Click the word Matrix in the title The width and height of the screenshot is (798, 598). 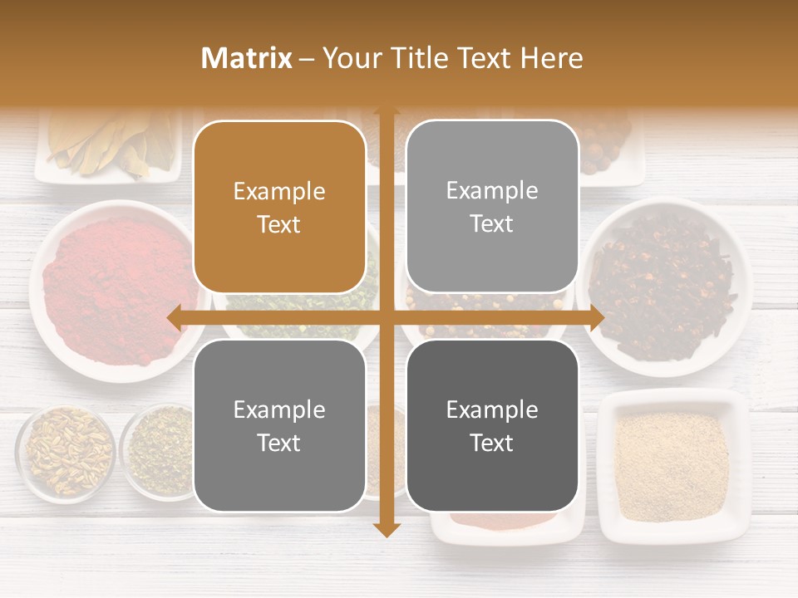pos(247,58)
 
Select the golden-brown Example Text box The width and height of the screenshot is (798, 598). pos(279,207)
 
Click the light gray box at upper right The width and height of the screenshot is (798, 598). pos(492,207)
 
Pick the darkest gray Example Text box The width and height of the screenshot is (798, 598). pos(492,425)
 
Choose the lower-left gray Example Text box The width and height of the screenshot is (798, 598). pos(279,425)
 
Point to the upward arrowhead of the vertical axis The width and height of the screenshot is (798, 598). pos(387,110)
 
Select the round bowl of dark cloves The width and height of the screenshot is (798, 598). pos(665,287)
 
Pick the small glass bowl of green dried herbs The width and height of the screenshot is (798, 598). pos(158,453)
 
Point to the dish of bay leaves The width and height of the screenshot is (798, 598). pos(108,145)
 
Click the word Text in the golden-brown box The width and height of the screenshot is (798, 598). pos(279,224)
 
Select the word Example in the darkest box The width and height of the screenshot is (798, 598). pos(492,409)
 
